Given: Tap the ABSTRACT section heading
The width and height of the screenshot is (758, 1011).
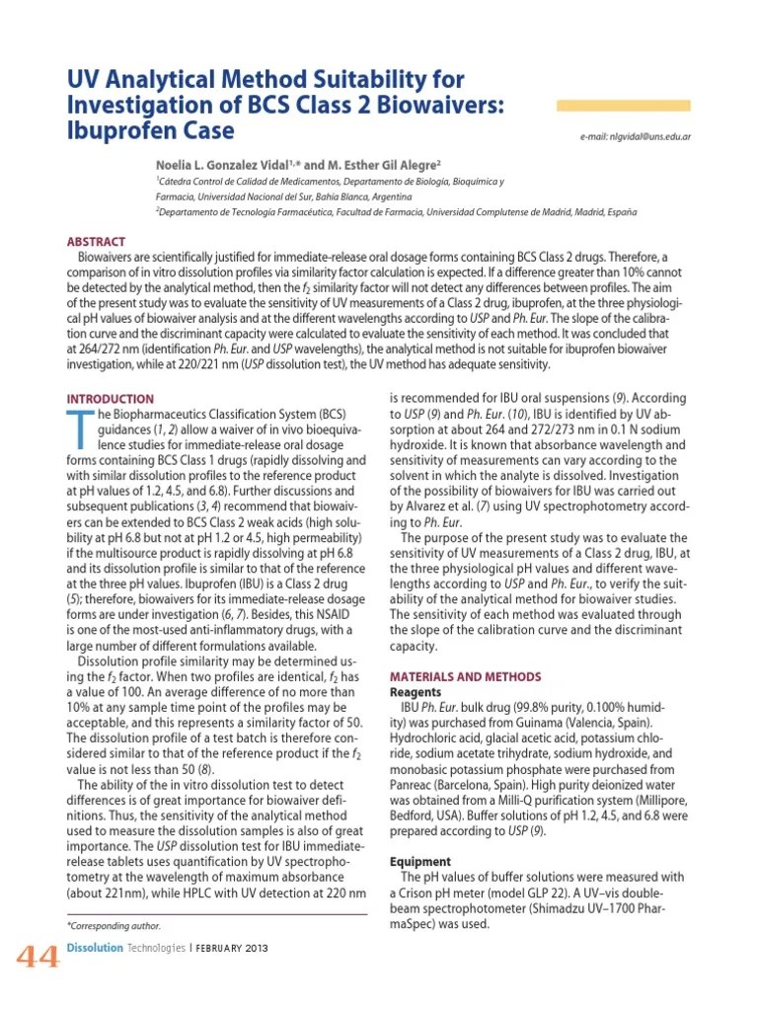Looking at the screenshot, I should point(96,242).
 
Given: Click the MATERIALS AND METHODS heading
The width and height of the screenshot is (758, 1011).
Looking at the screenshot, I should point(466,676).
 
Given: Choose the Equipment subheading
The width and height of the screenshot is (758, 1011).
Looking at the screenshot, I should point(420,861).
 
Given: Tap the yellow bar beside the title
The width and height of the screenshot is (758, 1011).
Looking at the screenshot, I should point(623,106).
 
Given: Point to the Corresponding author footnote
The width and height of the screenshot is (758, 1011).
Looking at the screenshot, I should point(114,925).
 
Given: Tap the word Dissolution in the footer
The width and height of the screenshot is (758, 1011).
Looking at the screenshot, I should point(95,949).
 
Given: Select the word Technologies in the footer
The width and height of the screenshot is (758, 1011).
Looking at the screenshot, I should point(157,949).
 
